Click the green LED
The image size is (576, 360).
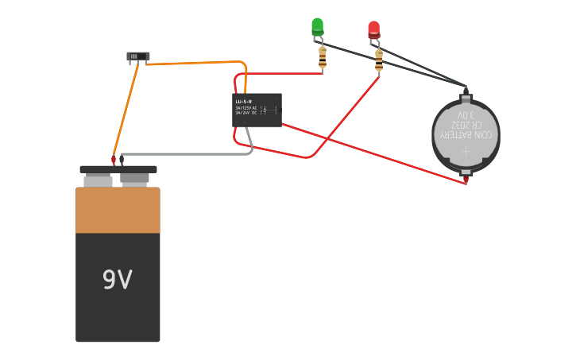pos(317,26)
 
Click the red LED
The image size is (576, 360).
pos(373,29)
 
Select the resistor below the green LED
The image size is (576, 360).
pos(322,57)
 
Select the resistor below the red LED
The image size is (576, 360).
pos(378,60)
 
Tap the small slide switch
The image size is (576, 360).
pos(137,56)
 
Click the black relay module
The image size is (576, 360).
pos(257,110)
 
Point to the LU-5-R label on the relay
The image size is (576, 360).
pos(243,102)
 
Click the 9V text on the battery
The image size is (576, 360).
pos(117,279)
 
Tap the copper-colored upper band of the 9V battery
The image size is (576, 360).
pos(118,210)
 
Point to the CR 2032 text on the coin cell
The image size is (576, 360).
pos(466,125)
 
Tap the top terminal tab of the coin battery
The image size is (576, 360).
pos(466,99)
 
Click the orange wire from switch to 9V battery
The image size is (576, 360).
pos(126,111)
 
